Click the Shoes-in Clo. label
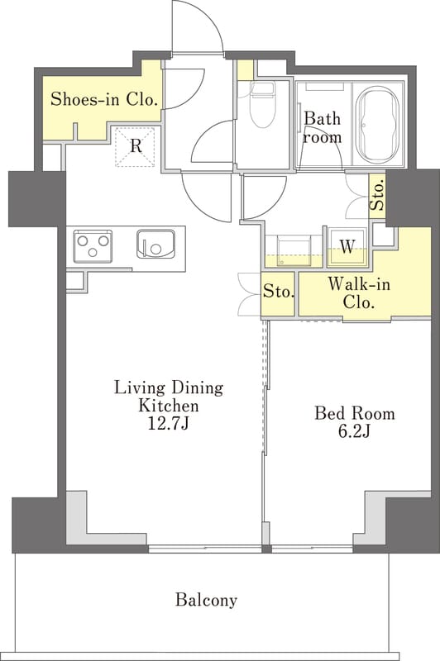pyautogui.click(x=104, y=99)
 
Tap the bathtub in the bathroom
pyautogui.click(x=378, y=126)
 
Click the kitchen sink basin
pyautogui.click(x=156, y=244)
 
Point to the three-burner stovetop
pyautogui.click(x=93, y=246)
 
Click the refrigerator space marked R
pyautogui.click(x=136, y=147)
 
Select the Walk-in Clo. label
pyautogui.click(x=359, y=293)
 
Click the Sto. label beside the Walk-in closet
pyautogui.click(x=278, y=292)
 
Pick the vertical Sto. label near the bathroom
pyautogui.click(x=378, y=195)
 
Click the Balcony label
pyautogui.click(x=206, y=600)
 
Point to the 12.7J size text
pyautogui.click(x=168, y=424)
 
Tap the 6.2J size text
pyautogui.click(x=354, y=431)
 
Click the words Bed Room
pyautogui.click(x=355, y=413)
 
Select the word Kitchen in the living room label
pyautogui.click(x=169, y=406)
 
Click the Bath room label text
pyautogui.click(x=323, y=128)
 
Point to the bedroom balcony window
pyautogui.click(x=312, y=549)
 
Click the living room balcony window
pyautogui.click(x=205, y=549)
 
